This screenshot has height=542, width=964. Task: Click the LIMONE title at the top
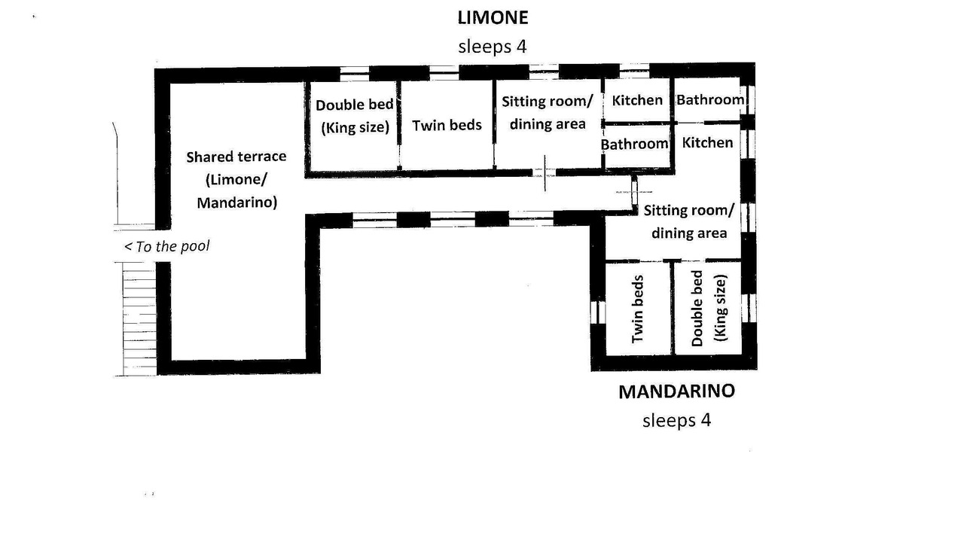pyautogui.click(x=493, y=17)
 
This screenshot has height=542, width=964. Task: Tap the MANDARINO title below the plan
pyautogui.click(x=676, y=391)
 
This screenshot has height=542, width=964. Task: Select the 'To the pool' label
pyautogui.click(x=167, y=246)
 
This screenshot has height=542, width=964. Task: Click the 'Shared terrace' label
pyautogui.click(x=236, y=157)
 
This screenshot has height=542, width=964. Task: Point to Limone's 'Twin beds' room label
pyautogui.click(x=447, y=125)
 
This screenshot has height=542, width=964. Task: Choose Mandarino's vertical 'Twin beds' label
pyautogui.click(x=637, y=309)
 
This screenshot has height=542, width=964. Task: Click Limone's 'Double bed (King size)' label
pyautogui.click(x=355, y=116)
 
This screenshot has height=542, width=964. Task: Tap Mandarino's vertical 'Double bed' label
pyautogui.click(x=697, y=309)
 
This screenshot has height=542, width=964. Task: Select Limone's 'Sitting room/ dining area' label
pyautogui.click(x=548, y=113)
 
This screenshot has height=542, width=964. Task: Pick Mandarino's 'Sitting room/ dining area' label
pyautogui.click(x=689, y=222)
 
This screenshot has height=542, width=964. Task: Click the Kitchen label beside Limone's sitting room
pyautogui.click(x=637, y=100)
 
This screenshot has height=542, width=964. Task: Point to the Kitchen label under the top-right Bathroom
pyautogui.click(x=707, y=142)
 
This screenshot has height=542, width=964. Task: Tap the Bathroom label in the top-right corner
pyautogui.click(x=710, y=100)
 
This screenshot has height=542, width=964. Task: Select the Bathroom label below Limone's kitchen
pyautogui.click(x=634, y=144)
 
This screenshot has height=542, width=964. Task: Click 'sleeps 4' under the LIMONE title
pyautogui.click(x=493, y=47)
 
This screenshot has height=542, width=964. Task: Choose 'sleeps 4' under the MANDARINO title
pyautogui.click(x=676, y=420)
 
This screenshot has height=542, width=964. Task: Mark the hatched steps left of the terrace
pyautogui.click(x=139, y=318)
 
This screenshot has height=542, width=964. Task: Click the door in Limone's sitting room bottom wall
pyautogui.click(x=545, y=173)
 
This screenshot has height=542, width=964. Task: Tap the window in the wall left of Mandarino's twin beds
pyautogui.click(x=598, y=312)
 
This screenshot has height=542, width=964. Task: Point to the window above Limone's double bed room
pyautogui.click(x=354, y=74)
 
